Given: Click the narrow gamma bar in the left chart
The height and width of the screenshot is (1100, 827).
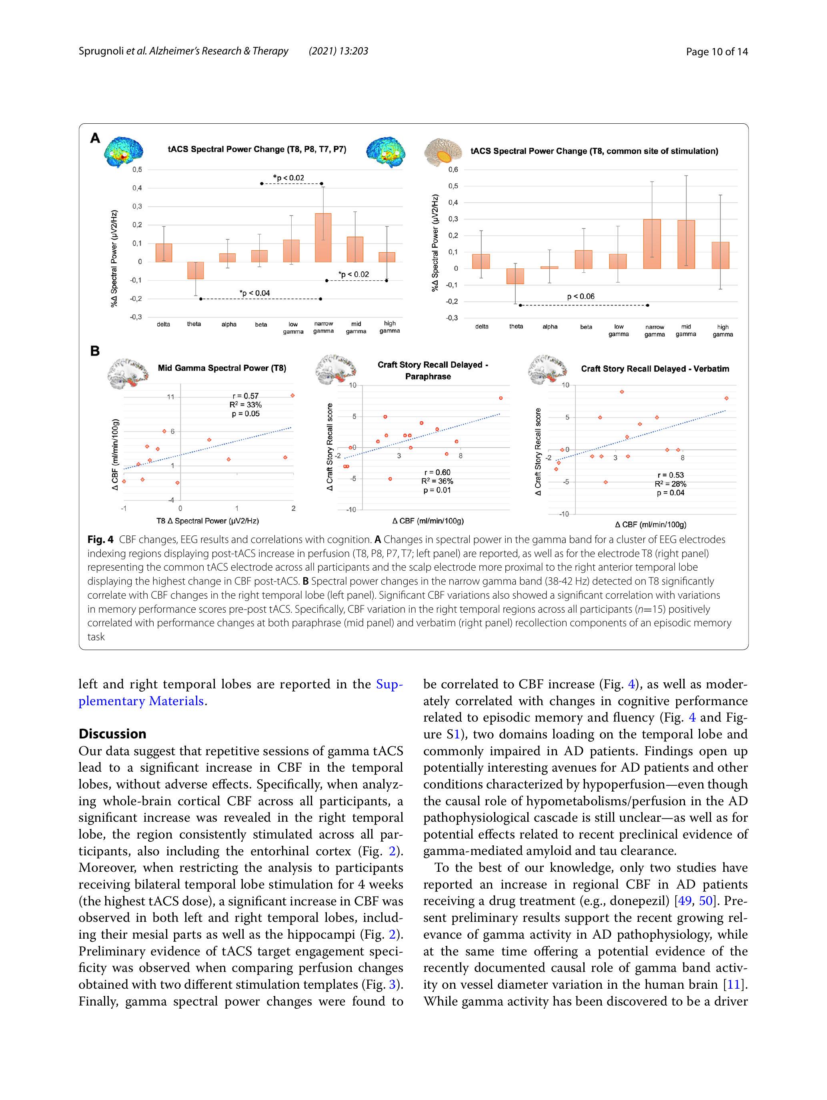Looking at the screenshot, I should point(323,238).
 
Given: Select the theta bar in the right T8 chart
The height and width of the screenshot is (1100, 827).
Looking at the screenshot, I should point(515,276).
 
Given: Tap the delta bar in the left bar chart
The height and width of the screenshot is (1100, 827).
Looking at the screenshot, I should point(164,253).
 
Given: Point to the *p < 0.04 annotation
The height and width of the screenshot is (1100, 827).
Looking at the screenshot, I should point(254,293).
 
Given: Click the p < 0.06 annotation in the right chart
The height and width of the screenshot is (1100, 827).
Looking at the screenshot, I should point(581,296).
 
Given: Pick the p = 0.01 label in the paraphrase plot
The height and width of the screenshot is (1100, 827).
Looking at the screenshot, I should point(437,490).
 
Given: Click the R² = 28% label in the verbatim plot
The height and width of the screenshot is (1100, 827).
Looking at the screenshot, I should point(670,484).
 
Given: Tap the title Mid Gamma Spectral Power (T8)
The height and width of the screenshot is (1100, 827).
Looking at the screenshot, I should point(222,368).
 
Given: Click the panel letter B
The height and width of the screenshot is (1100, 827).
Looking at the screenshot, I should point(95,351).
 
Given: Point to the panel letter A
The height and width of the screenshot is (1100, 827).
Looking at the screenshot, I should point(95,138).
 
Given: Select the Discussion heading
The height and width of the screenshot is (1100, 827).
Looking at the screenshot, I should point(112,734).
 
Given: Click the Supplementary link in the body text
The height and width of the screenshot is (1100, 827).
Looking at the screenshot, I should point(389,684).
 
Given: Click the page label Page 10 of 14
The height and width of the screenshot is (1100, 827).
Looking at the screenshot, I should point(716,51).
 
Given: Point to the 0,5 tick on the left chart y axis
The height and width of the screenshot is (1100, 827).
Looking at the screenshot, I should point(137,169).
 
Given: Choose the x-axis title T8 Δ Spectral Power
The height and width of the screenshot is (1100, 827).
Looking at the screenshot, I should point(207,521).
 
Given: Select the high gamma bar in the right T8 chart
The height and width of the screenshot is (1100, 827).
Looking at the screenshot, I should point(720,255).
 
